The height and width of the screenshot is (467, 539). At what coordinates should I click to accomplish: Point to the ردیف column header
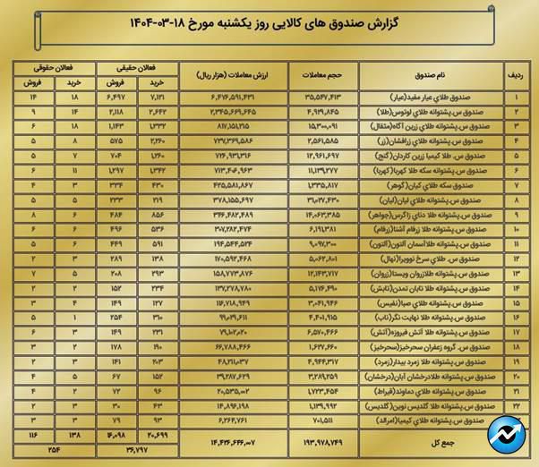(517, 74)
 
